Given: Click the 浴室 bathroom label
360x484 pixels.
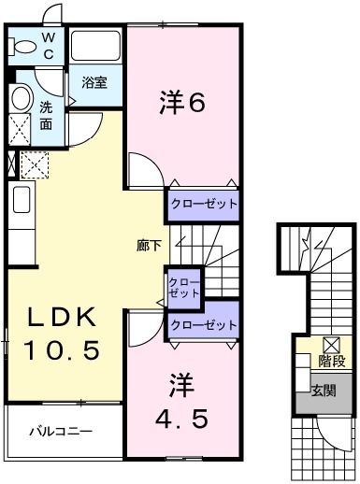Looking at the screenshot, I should (94, 82).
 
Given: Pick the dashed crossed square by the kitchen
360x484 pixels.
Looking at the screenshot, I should (35, 165).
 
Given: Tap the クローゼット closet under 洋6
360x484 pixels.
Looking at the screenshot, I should (203, 203).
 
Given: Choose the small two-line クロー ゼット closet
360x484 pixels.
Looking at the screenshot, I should (183, 285).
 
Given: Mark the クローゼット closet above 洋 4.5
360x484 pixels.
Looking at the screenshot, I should (203, 324).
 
